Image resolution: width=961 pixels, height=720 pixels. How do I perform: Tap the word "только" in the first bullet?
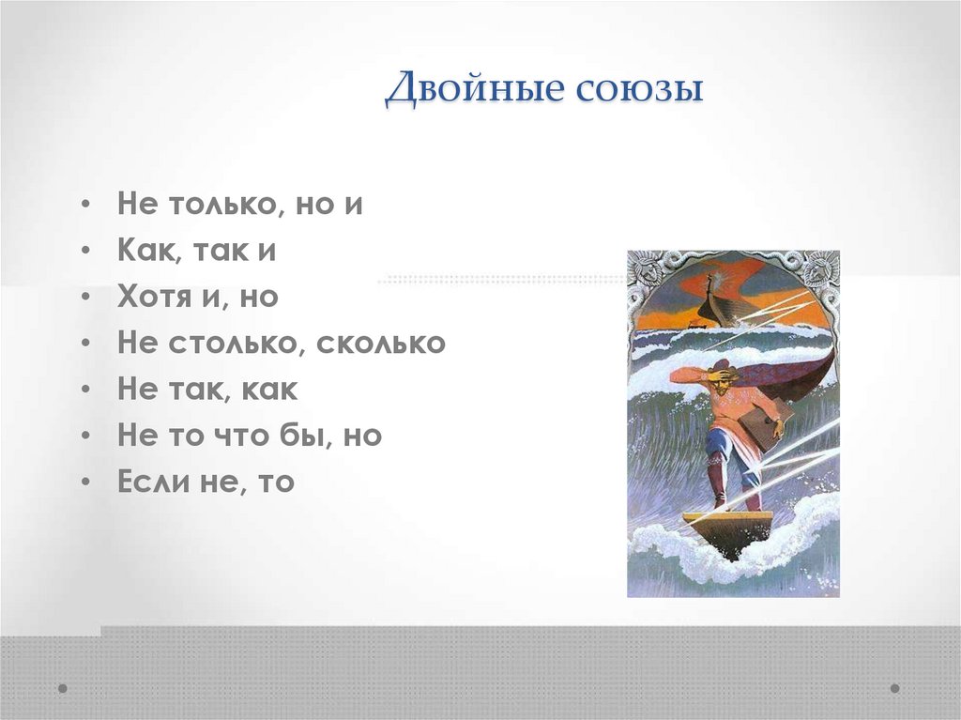coord(217,204)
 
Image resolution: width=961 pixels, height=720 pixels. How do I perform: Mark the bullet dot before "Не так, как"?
coord(86,390)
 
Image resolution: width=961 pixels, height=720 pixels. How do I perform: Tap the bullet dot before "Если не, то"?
coord(86,483)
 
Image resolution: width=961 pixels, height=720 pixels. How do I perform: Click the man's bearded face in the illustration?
coord(720,375)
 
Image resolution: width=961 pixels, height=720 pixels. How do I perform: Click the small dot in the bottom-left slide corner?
coord(63,688)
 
